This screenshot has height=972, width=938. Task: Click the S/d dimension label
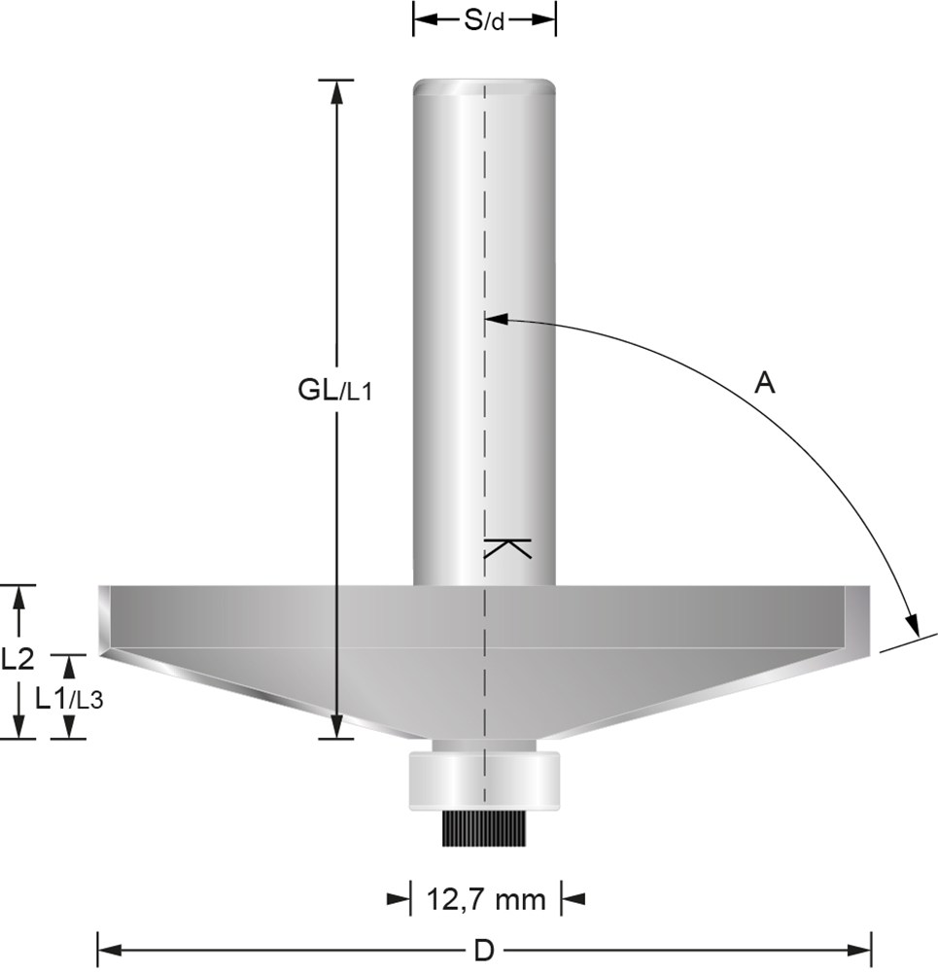(x=484, y=21)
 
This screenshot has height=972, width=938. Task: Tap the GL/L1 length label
(x=334, y=391)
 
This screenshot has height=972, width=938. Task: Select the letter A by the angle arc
(x=764, y=382)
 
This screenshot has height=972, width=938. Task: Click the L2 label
(x=17, y=660)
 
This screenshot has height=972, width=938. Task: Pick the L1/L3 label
(x=69, y=700)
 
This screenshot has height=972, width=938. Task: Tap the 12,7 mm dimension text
(x=486, y=899)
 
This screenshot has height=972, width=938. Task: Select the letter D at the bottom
(x=483, y=950)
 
